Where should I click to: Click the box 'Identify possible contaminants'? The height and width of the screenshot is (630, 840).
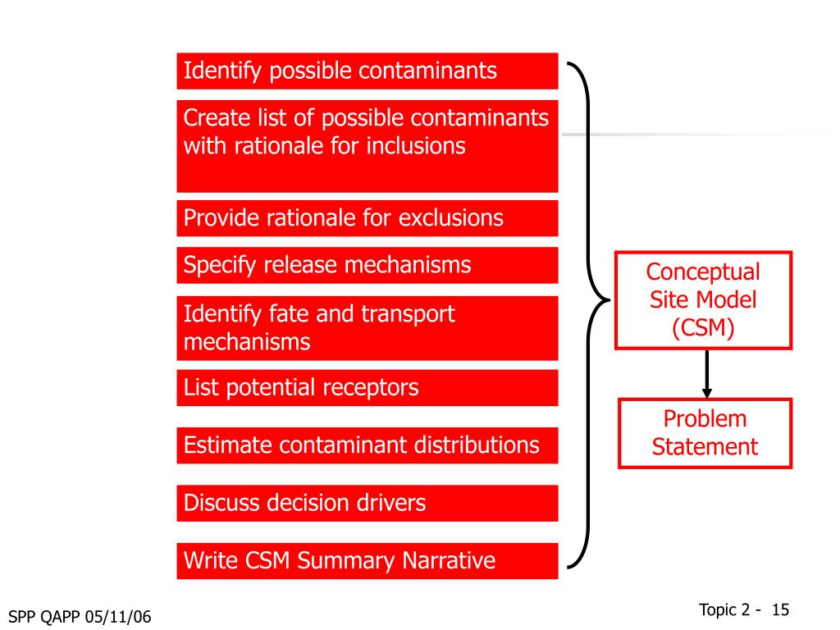pyautogui.click(x=367, y=71)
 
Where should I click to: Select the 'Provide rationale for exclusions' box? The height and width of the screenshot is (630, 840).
pyautogui.click(x=367, y=218)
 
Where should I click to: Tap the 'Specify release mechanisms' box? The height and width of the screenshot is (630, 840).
pyautogui.click(x=367, y=266)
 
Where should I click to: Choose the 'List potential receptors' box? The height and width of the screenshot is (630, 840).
pyautogui.click(x=367, y=388)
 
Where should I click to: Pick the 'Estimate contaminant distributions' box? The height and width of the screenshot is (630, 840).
pyautogui.click(x=367, y=445)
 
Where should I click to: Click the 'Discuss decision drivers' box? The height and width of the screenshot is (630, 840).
pyautogui.click(x=367, y=503)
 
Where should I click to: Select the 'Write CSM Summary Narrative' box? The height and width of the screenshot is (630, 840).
pyautogui.click(x=367, y=561)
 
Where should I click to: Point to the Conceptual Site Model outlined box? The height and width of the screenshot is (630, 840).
pyautogui.click(x=703, y=300)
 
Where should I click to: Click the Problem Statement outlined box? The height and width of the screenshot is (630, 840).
pyautogui.click(x=705, y=433)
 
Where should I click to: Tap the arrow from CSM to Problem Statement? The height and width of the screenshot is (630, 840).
pyautogui.click(x=706, y=374)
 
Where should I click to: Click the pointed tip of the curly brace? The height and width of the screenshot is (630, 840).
pyautogui.click(x=608, y=299)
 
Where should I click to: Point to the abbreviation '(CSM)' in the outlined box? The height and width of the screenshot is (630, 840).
pyautogui.click(x=703, y=328)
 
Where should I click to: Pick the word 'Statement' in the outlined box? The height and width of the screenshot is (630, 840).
pyautogui.click(x=705, y=447)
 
